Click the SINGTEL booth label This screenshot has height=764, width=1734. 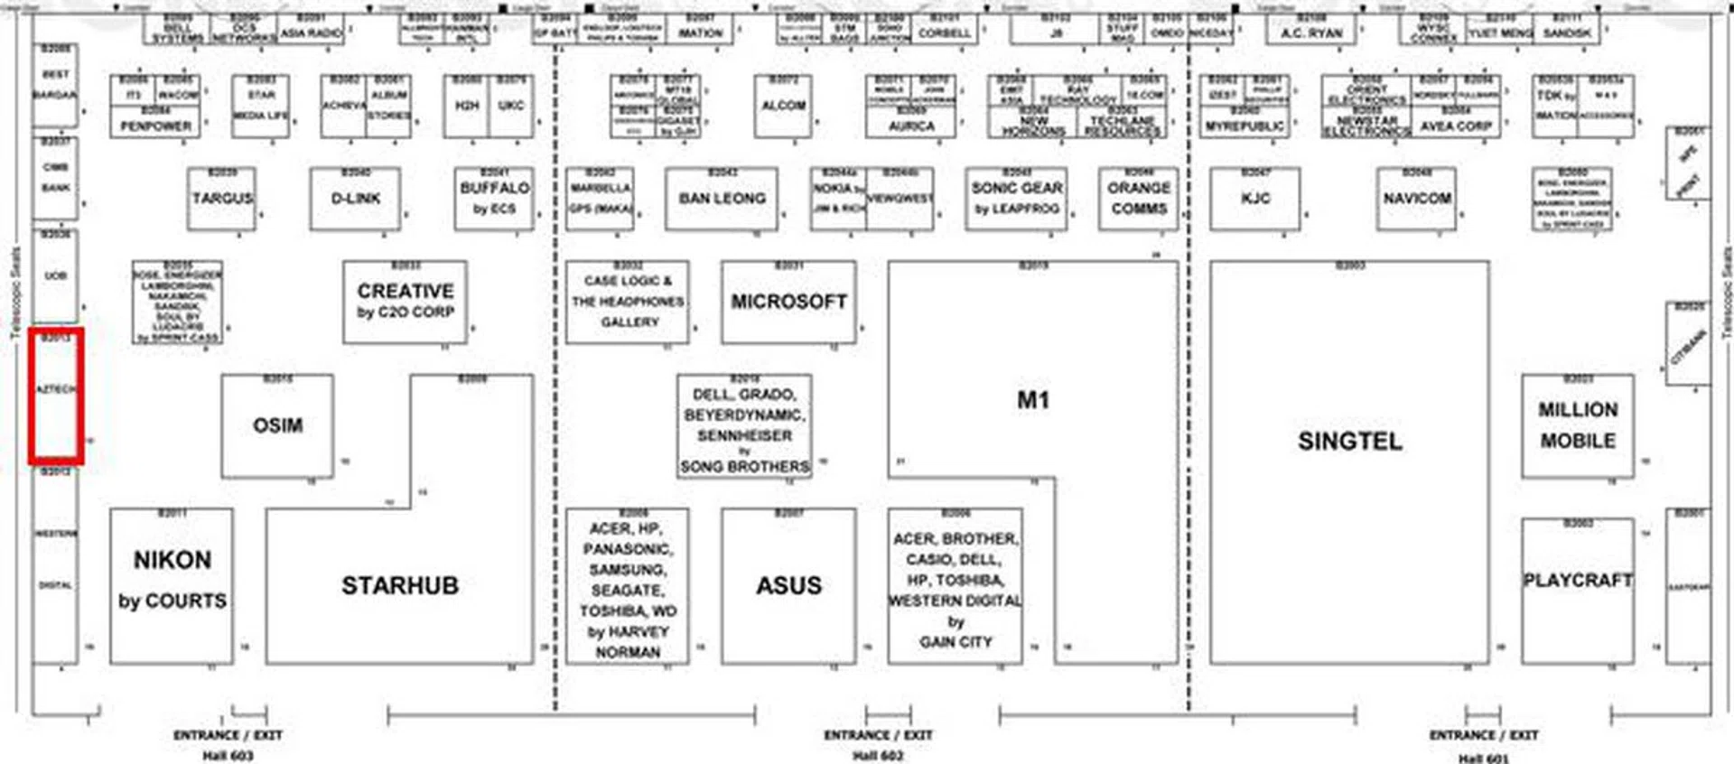1349,442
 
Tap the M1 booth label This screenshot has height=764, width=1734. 1033,400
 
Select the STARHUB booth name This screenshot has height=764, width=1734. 399,586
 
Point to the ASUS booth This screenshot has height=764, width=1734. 788,586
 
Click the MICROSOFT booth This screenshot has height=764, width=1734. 788,302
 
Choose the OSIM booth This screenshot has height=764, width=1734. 277,425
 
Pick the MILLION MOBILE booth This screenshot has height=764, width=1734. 1577,425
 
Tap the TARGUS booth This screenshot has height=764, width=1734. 222,199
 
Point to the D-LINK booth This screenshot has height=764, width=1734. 355,199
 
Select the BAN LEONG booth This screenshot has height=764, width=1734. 722,199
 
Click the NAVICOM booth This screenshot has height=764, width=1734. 1416,199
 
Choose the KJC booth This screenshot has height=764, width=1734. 1255,199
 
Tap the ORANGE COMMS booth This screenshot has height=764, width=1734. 1138,199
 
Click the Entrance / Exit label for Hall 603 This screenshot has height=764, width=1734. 228,736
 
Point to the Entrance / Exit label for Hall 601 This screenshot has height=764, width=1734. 1483,736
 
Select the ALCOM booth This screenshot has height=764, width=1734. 783,107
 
